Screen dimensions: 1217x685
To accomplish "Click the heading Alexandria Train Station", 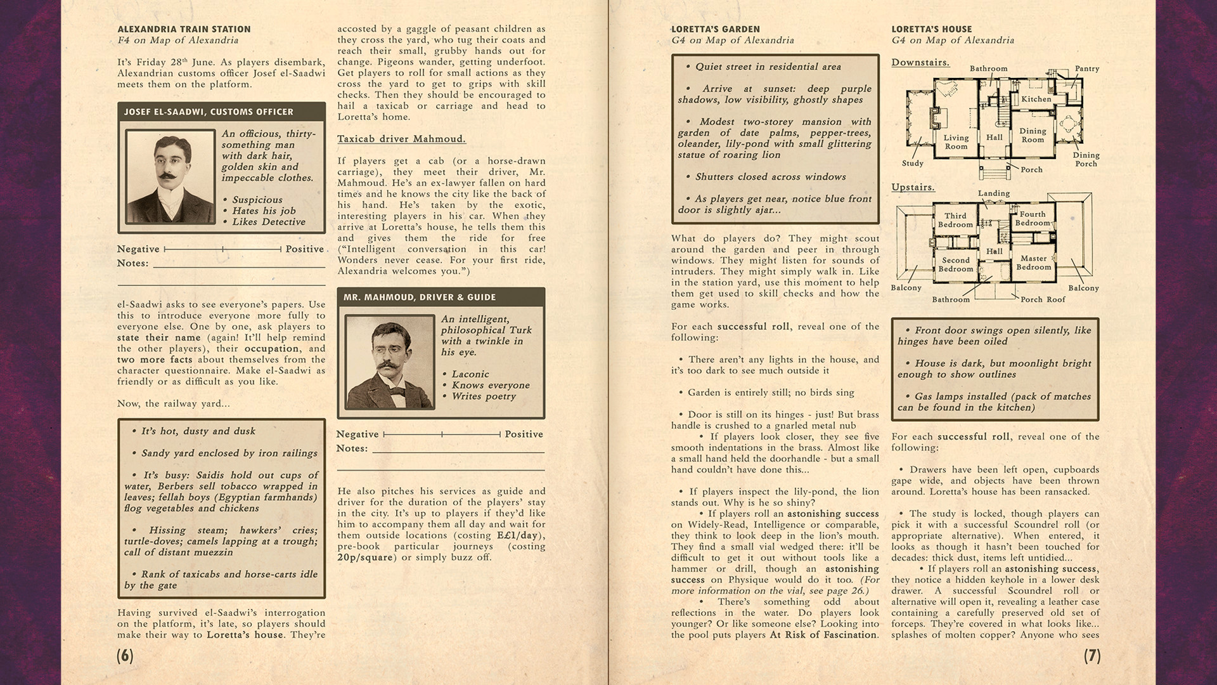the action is [184, 29].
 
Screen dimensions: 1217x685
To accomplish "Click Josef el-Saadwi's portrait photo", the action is [170, 176].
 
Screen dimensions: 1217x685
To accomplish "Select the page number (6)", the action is [125, 656].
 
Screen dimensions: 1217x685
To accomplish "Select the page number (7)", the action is [1091, 656].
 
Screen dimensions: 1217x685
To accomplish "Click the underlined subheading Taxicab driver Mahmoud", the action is [401, 139].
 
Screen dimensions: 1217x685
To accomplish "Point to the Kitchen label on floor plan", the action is [1036, 99].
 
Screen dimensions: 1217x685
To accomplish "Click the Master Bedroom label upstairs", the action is [1034, 263].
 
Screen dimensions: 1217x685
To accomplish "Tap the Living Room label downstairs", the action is [956, 142].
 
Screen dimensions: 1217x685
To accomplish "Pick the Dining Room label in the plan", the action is [1033, 135].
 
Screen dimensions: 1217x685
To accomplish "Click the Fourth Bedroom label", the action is [1033, 219].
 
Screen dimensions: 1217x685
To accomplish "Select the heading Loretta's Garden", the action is [715, 29].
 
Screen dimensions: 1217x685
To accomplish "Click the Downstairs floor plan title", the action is [920, 62].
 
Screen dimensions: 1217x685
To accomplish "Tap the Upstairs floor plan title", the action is [913, 187].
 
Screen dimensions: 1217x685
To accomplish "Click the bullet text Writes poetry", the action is [484, 396].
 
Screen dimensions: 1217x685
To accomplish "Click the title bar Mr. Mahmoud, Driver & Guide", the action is [420, 297].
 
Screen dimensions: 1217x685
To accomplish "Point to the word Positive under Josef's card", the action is [304, 249].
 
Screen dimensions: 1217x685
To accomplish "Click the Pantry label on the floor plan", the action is [1086, 68].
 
